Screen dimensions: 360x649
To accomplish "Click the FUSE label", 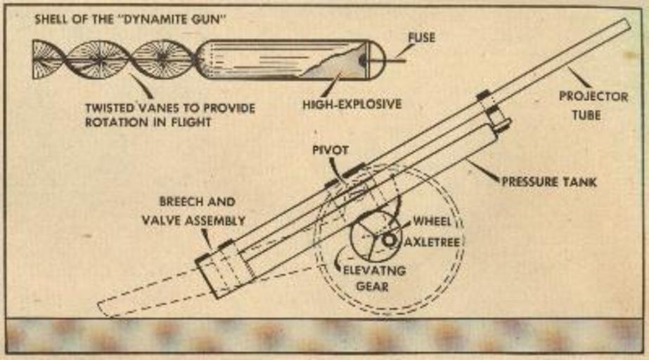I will [421, 37].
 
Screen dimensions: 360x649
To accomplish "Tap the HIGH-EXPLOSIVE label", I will [352, 104].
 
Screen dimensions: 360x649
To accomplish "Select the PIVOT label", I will [330, 150].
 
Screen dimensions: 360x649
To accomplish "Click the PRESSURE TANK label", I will [549, 181].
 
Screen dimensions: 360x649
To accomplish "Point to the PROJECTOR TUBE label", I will [593, 103].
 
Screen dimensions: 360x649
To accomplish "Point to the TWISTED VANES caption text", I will [169, 115].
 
